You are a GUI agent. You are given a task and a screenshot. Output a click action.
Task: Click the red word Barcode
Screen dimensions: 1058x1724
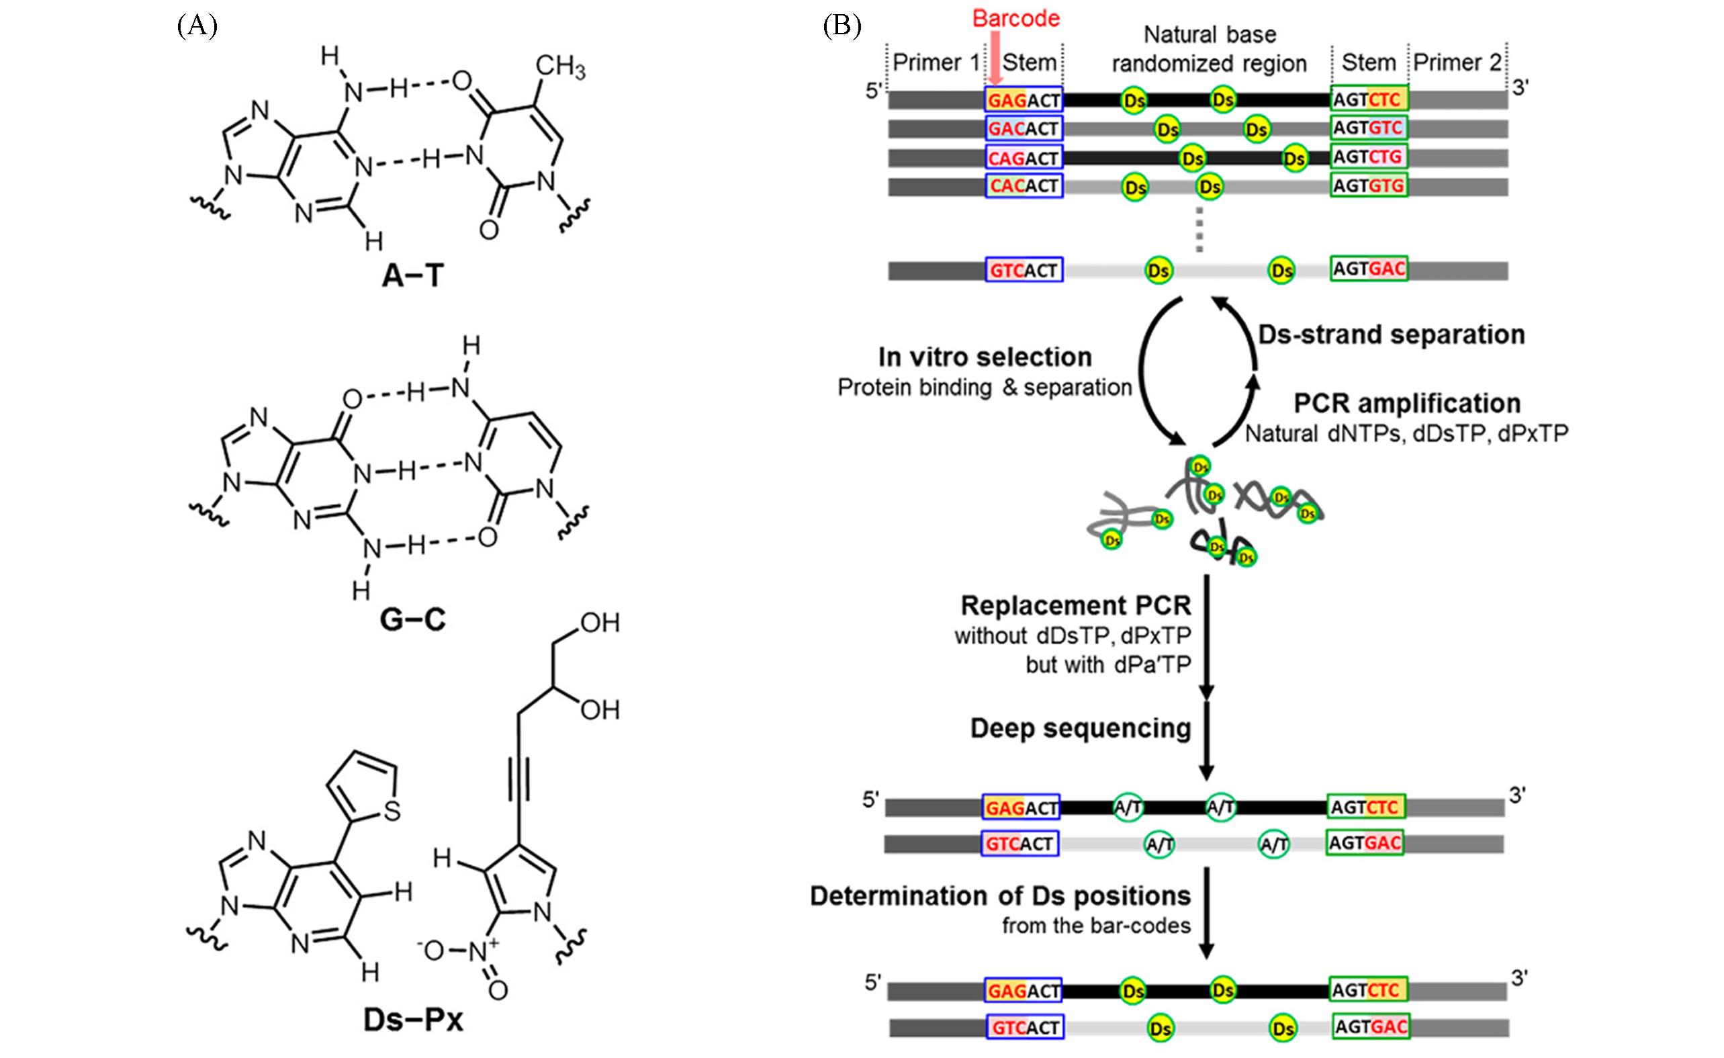1015,18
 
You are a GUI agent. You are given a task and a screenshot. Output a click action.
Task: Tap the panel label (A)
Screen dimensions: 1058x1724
197,26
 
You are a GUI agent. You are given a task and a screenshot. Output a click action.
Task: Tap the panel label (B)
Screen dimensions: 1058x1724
842,26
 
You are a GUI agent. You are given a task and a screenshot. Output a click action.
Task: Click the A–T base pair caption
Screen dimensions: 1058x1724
413,275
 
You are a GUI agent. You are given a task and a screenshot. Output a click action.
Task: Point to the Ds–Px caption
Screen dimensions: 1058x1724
413,1020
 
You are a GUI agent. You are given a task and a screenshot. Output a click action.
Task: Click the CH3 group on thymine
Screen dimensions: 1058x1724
559,67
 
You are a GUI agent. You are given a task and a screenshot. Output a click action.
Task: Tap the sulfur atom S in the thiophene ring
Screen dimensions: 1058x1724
392,811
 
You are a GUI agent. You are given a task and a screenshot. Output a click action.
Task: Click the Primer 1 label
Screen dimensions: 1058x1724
936,63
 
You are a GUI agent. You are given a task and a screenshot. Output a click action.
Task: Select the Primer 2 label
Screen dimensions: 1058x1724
1457,63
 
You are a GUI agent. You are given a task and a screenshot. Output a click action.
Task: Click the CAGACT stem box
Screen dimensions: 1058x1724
1024,158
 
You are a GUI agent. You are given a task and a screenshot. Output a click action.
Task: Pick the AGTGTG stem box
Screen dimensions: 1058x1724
1369,185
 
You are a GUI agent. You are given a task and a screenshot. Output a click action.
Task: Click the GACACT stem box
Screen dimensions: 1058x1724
1024,129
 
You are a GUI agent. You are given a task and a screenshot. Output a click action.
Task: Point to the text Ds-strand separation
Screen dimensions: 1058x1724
1391,335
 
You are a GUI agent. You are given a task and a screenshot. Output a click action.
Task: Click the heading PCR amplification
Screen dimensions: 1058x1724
1406,404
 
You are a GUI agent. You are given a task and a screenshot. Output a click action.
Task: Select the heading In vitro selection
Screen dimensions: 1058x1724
985,357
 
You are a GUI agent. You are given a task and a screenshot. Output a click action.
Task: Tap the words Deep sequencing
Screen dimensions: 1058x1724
1081,728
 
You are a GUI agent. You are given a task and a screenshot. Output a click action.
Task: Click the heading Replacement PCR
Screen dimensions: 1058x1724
1075,605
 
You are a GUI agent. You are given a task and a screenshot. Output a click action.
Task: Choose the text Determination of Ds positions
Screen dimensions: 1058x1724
1000,896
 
